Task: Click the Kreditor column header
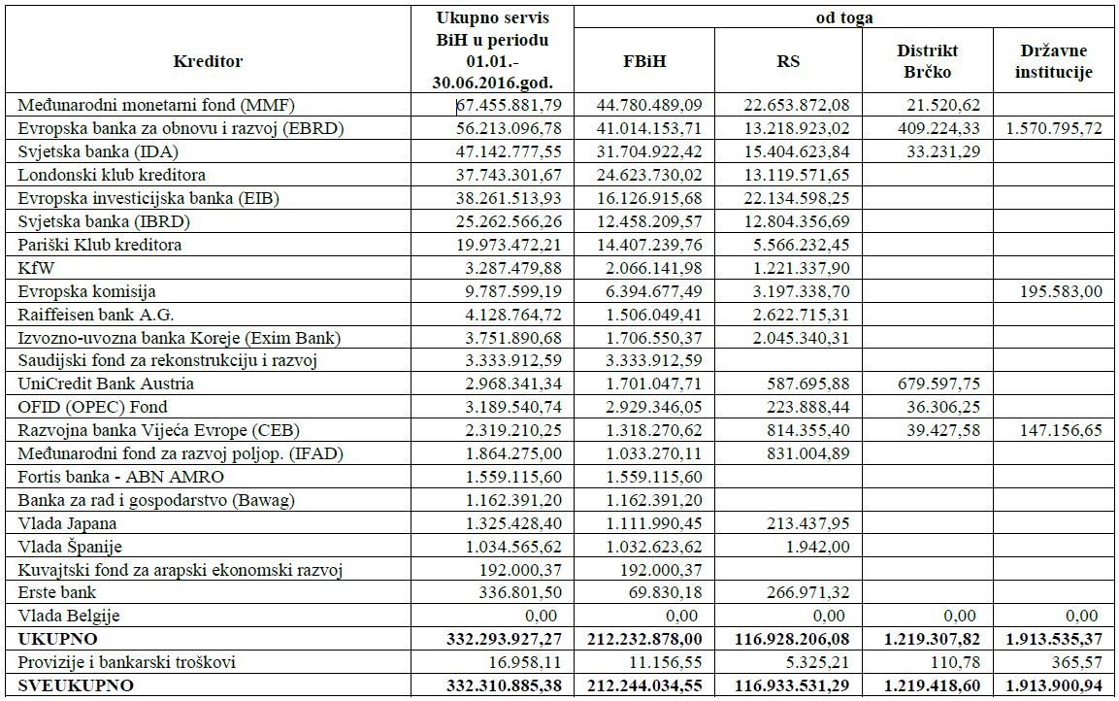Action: click(x=208, y=61)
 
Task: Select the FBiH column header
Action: click(x=644, y=61)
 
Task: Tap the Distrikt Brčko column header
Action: click(x=927, y=61)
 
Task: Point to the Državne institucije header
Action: click(x=1055, y=61)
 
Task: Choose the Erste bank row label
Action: click(x=57, y=592)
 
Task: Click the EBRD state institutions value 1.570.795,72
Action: click(x=1053, y=128)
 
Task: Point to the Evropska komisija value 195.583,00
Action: click(x=1063, y=291)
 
